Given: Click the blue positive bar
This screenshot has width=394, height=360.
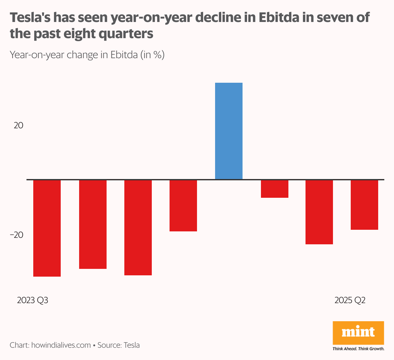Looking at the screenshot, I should coord(229,131).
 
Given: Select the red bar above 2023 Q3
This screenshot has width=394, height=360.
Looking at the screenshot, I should coord(47,228).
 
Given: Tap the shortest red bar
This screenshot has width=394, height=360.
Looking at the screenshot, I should coord(275,189).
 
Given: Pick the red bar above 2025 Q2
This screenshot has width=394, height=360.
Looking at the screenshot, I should coord(364,205).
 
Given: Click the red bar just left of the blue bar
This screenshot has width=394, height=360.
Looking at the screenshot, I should coord(183,206).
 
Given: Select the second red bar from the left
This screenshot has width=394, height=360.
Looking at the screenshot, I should coord(93,224).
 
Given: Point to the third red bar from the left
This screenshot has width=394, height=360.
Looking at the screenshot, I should coord(138,227).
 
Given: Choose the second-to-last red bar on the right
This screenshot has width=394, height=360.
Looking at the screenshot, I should coord(319,212).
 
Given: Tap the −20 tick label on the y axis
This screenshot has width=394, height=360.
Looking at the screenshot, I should coord(17,235).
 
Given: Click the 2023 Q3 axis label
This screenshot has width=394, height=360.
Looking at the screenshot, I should coord(33,300).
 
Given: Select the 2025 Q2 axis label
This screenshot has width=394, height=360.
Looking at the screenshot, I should coord(350,300).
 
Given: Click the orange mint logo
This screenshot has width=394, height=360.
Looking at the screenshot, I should coord(358,333).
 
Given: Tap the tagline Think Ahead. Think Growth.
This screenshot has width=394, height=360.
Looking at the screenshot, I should coord(358,349).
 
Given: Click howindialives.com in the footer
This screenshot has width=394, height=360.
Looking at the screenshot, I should coord(61,345).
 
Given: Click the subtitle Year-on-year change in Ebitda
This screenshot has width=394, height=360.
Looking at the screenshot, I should coord(87,55).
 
